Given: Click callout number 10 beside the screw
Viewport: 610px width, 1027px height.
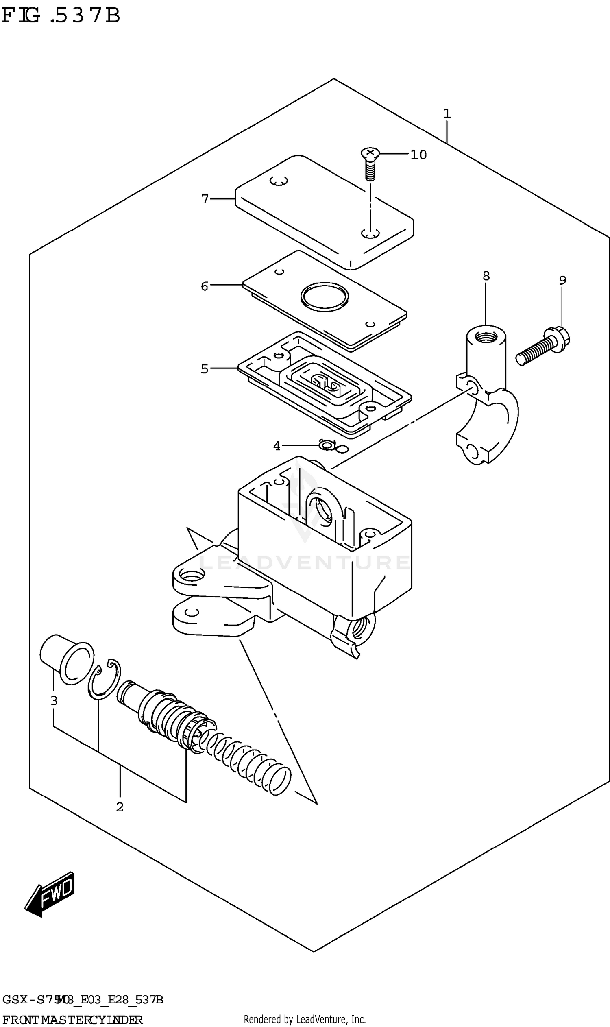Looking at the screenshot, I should (418, 155).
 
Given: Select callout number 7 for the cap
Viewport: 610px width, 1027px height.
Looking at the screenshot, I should (205, 199).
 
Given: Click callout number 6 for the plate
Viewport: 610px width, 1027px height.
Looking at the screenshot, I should (204, 286).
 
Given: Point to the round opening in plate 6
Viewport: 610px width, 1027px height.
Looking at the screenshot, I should (325, 297).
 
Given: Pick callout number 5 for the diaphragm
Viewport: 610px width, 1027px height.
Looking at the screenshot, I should (204, 369).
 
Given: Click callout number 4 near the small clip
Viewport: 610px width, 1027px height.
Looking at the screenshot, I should (277, 446).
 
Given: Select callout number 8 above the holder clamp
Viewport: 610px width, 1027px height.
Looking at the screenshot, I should (486, 276).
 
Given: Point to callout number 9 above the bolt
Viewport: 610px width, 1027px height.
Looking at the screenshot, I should (562, 280).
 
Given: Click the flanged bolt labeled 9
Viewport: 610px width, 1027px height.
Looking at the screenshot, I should (542, 346).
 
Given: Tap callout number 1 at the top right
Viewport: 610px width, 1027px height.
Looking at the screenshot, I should (447, 113).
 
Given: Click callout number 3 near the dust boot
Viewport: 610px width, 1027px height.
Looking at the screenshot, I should (54, 700).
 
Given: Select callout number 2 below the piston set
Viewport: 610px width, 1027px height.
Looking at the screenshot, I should (120, 807).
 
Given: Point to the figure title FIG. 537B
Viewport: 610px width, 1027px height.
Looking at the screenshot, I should (61, 15).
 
